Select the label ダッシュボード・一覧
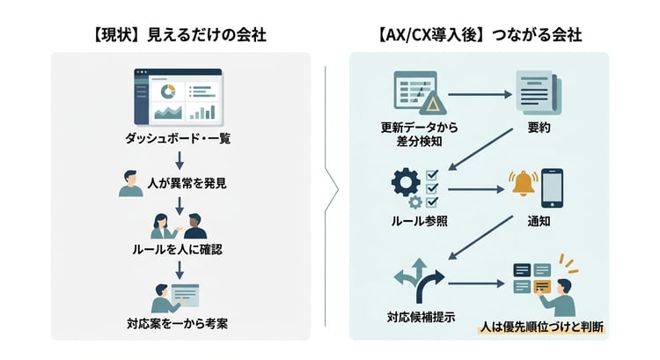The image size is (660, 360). [x=180, y=138]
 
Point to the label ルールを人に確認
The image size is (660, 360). [x=180, y=249]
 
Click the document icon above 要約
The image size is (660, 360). [x=532, y=94]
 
